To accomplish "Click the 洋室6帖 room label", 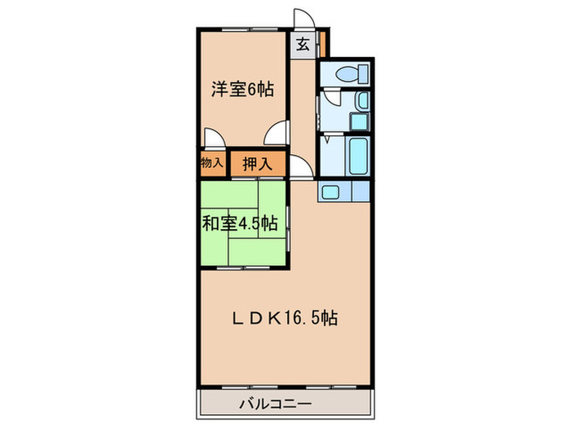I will click(242, 90).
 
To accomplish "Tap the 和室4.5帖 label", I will click(241, 223).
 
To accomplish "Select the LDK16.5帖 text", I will click(284, 319).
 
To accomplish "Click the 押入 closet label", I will click(258, 164).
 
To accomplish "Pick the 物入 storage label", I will click(212, 163).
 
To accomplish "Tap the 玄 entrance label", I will click(302, 45).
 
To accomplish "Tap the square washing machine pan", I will click(359, 121).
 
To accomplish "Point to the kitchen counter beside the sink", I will click(359, 192).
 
